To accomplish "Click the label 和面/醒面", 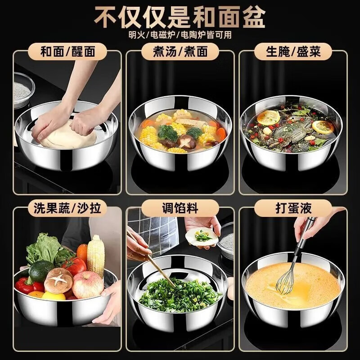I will (67, 52).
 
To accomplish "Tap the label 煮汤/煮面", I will (180, 52).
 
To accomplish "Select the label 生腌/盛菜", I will (292, 52).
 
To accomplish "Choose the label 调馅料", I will (180, 208).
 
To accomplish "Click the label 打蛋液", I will (292, 208).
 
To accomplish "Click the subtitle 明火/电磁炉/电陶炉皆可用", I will (180, 35).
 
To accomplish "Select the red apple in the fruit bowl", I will (87, 285).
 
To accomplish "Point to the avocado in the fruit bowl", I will (41, 271).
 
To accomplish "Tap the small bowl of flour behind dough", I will (22, 90).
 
